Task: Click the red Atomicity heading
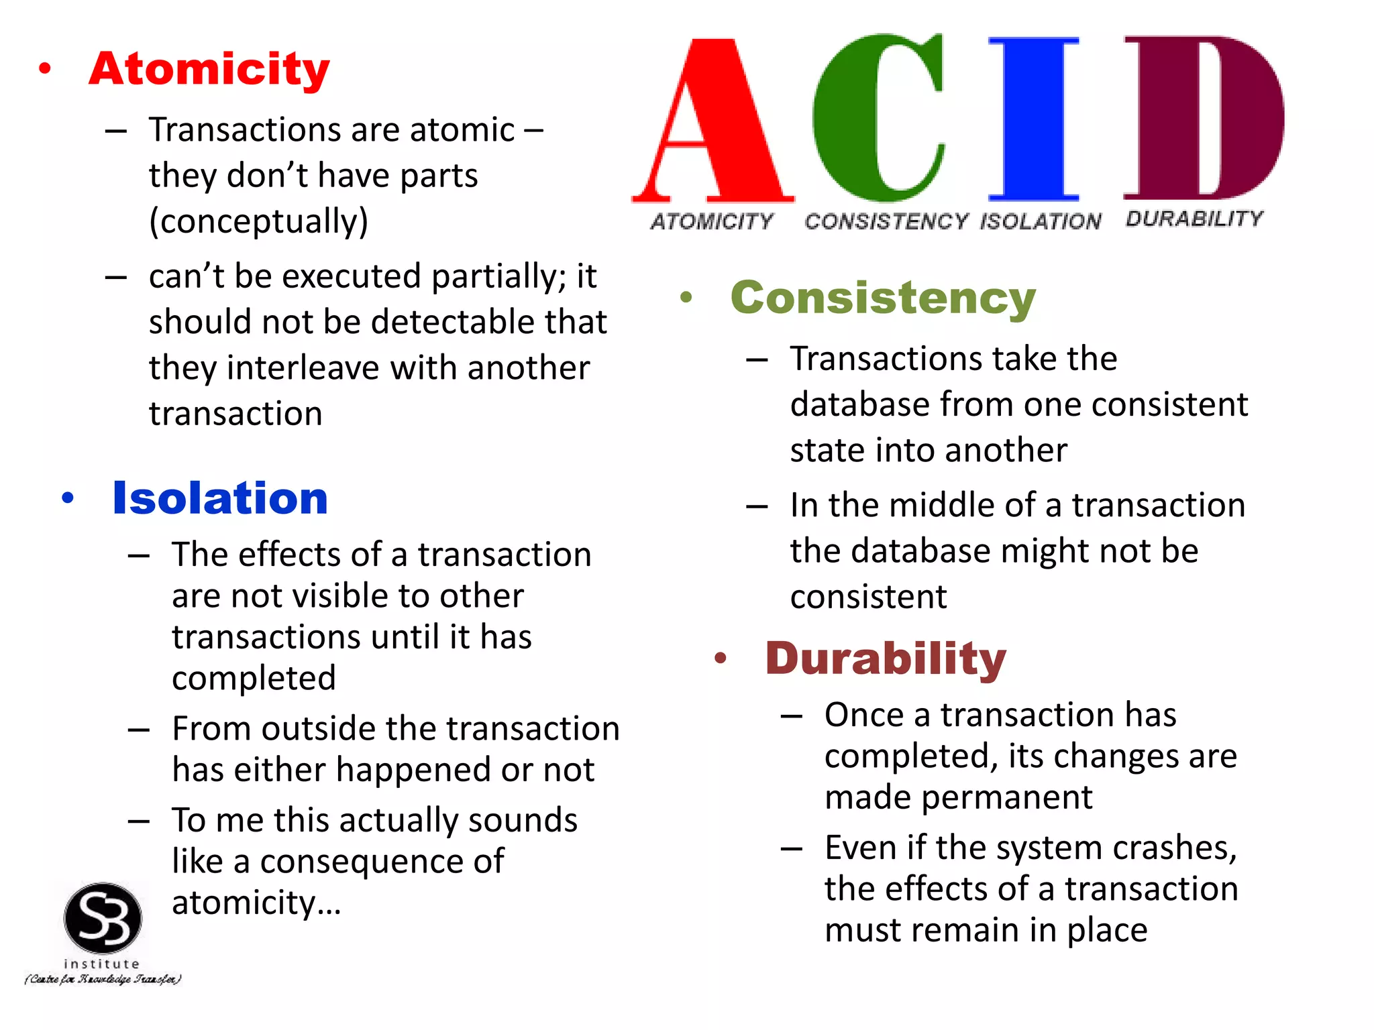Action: [x=209, y=69]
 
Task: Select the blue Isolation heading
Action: [x=220, y=498]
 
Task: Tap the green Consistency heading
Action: [x=883, y=298]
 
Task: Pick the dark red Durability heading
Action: [x=886, y=659]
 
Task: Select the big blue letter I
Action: [x=1034, y=119]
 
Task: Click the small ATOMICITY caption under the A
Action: [x=712, y=221]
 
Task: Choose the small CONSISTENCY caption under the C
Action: [x=886, y=221]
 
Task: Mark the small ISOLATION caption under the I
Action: [x=1041, y=221]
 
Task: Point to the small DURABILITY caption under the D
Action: [x=1194, y=219]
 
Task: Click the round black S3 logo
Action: [x=103, y=917]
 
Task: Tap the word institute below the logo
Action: [x=102, y=964]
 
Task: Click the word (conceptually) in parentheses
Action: [x=258, y=221]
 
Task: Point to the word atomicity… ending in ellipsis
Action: [x=256, y=903]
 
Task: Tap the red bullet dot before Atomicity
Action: [x=45, y=68]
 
